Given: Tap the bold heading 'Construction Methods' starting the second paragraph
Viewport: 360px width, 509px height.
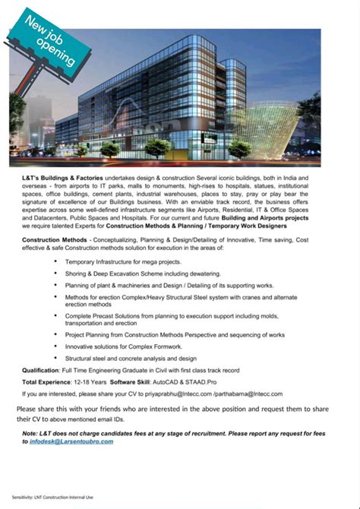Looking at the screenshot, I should tap(54, 240).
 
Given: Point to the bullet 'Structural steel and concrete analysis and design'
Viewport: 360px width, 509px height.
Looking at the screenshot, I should tap(131, 358).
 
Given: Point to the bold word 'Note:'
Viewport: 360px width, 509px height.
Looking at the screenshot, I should tap(30, 433).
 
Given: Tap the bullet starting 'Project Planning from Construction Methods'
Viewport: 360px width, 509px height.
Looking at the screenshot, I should tap(175, 334).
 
